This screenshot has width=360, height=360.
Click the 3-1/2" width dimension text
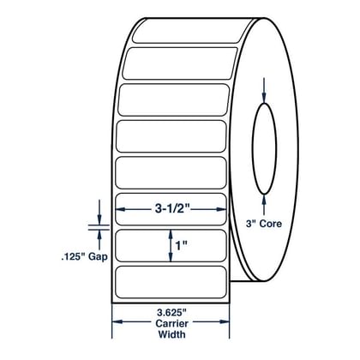pos(172,209)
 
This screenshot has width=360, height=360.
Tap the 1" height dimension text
pos(181,245)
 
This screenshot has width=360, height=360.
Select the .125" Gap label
pos(85,256)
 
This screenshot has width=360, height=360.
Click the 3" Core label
pos(264,224)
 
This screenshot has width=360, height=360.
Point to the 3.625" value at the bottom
pos(171,313)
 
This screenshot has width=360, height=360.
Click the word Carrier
pos(171,323)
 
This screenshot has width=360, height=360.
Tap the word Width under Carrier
pos(171,334)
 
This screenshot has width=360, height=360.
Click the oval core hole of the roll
pos(252,148)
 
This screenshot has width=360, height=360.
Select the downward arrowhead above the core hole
pos(264,98)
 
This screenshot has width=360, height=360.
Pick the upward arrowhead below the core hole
pos(264,200)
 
